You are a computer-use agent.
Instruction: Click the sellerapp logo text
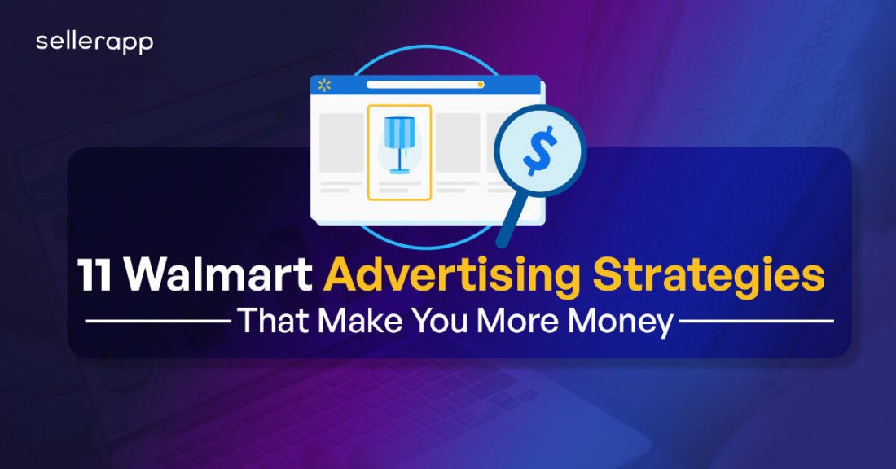click(94, 43)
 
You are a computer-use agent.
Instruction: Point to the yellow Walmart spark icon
click(324, 85)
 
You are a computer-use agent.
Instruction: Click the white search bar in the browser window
click(424, 84)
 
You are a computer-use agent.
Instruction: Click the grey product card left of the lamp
click(342, 142)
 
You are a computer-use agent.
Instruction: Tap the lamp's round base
click(399, 171)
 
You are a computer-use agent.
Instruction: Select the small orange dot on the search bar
click(481, 84)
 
